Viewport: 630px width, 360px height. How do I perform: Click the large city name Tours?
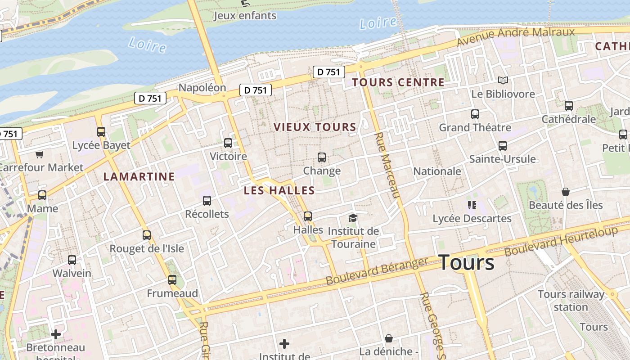point(466,262)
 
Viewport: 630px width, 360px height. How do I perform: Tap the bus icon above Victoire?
point(228,143)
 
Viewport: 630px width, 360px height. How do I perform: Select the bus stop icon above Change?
point(322,157)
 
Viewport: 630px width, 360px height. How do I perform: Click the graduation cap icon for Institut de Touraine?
point(353,218)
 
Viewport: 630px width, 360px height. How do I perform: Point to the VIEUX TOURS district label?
point(315,127)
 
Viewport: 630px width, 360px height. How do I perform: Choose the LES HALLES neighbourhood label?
point(279,190)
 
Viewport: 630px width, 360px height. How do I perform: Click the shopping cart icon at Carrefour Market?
point(40,154)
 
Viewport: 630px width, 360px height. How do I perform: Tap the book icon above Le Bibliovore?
point(503,81)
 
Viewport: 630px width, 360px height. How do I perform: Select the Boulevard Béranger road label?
point(377,271)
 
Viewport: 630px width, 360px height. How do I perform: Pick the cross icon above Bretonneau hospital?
point(56,334)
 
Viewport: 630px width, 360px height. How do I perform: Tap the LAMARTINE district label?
point(139,176)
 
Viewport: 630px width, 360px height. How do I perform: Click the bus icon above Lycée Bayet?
point(101,132)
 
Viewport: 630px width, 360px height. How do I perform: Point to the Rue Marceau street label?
point(387,165)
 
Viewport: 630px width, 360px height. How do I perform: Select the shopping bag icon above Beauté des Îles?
point(566,192)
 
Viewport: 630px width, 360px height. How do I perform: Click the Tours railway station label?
point(571,301)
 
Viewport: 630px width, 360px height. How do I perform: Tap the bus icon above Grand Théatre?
point(475,114)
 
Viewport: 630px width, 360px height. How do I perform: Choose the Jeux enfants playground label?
point(245,16)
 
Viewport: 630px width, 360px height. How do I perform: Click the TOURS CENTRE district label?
point(398,82)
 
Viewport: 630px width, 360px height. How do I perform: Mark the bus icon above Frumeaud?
point(172,280)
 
